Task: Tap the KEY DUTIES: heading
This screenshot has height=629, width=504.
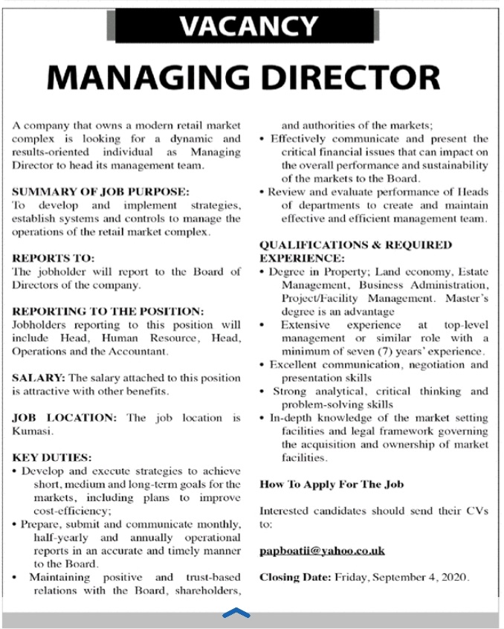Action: coord(52,458)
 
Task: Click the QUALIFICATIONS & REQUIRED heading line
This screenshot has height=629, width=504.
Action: coord(355,245)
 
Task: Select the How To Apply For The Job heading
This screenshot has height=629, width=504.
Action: coord(332,484)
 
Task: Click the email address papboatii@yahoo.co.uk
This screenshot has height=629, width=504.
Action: coord(321,551)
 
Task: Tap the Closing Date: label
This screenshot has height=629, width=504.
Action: coord(295,577)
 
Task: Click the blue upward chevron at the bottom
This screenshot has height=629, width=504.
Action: coord(236,613)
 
